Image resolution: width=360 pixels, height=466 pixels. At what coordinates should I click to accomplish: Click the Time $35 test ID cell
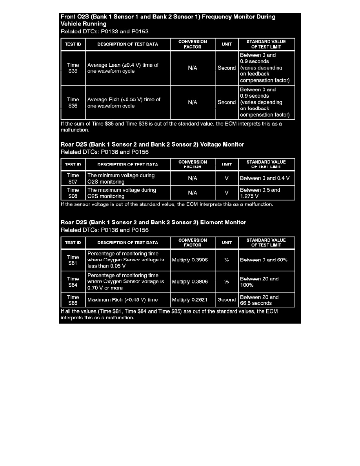pos(73,68)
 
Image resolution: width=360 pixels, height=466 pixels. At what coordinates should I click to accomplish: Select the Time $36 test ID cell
pos(73,102)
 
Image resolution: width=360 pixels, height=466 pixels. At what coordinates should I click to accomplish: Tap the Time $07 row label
pos(73,178)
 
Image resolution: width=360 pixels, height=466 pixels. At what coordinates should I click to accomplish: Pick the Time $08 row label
pos(73,193)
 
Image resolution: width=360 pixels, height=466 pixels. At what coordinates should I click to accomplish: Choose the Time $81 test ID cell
pos(73,260)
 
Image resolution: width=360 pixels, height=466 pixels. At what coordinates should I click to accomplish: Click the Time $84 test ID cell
pos(73,282)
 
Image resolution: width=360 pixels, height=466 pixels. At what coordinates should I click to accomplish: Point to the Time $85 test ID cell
pos(73,300)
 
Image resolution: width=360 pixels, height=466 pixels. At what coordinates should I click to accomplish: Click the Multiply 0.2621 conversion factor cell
pos(192,300)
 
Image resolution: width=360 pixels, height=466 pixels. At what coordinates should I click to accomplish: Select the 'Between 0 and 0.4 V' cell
pos(266,178)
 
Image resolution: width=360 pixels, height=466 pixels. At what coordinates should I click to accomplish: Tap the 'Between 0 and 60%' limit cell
pos(266,260)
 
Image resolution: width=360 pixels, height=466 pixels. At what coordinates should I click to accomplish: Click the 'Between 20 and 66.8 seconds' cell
pos(266,300)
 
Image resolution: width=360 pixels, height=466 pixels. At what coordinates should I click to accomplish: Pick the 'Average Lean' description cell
pos(127,68)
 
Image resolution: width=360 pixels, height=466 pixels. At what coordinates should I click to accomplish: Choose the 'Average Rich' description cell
pos(127,102)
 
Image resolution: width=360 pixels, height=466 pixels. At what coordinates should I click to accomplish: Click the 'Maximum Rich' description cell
pos(127,300)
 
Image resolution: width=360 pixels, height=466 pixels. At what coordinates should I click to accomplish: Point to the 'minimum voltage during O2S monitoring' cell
pos(127,178)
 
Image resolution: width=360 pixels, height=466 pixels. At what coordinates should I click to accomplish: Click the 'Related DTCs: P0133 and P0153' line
pos(105,31)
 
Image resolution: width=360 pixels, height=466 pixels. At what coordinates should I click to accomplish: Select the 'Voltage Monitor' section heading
pos(153,144)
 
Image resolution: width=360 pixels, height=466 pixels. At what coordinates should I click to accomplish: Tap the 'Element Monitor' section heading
pos(153,222)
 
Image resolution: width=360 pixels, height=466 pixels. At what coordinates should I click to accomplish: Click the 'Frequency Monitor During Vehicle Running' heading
pos(168,20)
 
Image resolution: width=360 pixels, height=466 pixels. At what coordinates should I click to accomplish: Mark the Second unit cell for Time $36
pos(227,102)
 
